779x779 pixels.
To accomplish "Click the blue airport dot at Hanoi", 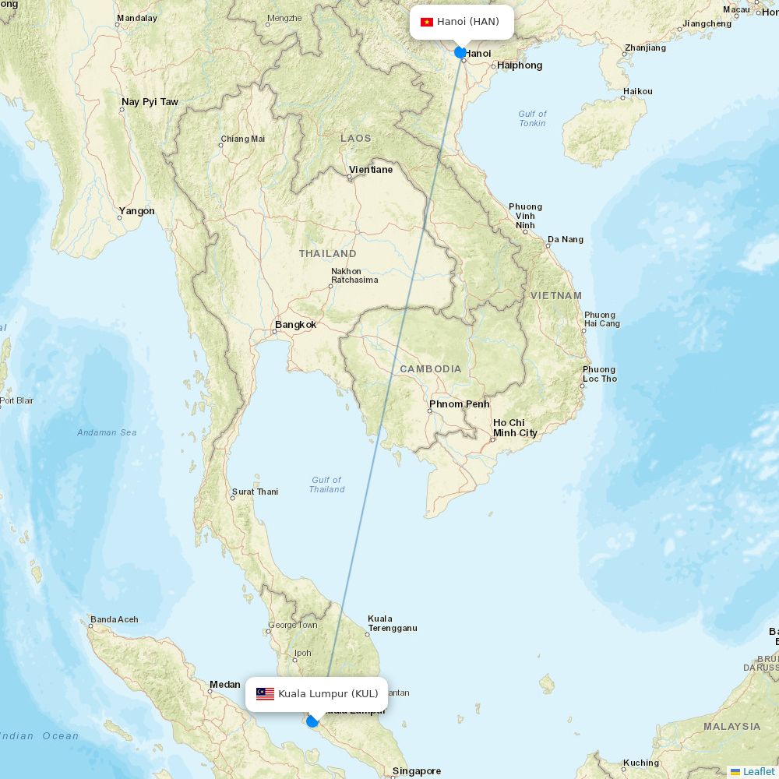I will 460,53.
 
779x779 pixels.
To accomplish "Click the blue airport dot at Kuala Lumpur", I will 312,721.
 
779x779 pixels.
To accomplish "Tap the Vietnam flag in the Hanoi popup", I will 427,22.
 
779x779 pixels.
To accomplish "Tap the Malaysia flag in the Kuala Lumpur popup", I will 265,694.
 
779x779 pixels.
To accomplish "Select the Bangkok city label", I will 295,325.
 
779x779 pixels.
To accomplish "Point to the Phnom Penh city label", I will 459,404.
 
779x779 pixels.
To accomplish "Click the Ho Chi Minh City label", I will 514,428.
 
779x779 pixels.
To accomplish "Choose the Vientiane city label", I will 371,170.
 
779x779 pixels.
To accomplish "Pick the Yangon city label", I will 136,211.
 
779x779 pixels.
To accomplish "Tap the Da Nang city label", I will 565,240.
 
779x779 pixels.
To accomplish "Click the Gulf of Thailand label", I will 326,485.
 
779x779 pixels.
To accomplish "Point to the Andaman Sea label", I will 107,432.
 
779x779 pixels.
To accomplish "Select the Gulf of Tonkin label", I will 532,118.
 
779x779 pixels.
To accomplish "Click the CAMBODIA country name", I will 431,369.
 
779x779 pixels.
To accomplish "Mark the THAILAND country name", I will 327,254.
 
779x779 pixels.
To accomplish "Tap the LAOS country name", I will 356,139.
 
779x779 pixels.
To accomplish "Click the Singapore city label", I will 416,771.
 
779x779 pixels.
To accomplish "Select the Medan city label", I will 224,685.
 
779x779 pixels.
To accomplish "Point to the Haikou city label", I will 637,92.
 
